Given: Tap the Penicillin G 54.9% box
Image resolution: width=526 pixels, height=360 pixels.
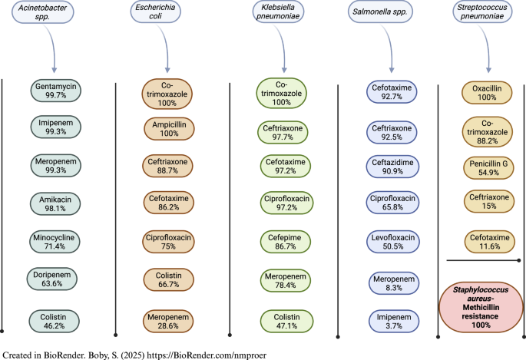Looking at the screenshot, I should click(x=485, y=170).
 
